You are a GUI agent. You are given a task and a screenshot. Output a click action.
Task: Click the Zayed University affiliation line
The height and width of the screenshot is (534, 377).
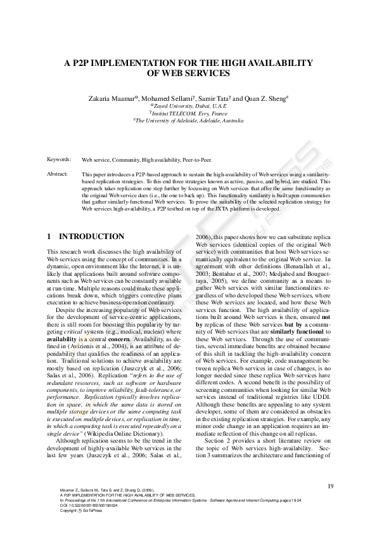tap(188, 106)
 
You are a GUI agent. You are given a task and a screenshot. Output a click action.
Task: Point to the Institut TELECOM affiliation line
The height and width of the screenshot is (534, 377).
tap(188, 113)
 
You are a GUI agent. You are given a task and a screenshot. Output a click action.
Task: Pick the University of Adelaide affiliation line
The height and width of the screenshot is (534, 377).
tap(188, 120)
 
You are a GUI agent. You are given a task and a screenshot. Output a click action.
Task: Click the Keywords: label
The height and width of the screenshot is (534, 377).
tap(60, 160)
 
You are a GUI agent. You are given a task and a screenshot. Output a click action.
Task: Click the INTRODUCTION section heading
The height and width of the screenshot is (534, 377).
tap(91, 237)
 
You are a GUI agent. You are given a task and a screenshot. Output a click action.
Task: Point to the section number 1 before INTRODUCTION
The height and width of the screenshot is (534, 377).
tap(49, 237)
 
